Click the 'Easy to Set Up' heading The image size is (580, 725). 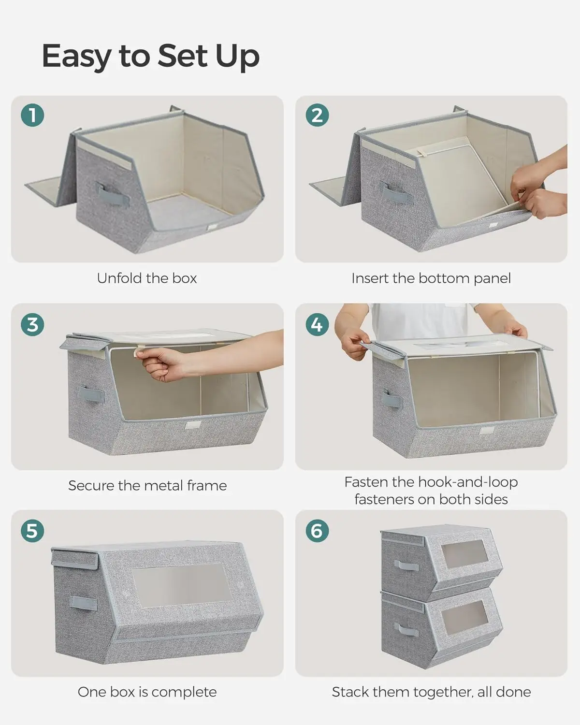coord(150,56)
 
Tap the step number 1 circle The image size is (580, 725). coord(32,116)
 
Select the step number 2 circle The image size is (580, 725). coord(317,116)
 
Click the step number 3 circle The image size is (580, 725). coord(32,324)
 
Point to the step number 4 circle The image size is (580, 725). coord(317,324)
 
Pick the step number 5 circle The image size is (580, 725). coord(32,531)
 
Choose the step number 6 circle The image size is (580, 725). coord(317,531)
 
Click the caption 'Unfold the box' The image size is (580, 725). coord(147,278)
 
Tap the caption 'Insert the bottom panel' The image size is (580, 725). coord(431,278)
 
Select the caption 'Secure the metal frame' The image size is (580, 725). coord(147,485)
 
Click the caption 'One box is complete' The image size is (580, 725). coord(147,692)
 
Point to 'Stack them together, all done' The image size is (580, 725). coord(431,692)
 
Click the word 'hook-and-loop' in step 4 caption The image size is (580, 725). coord(467,482)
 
